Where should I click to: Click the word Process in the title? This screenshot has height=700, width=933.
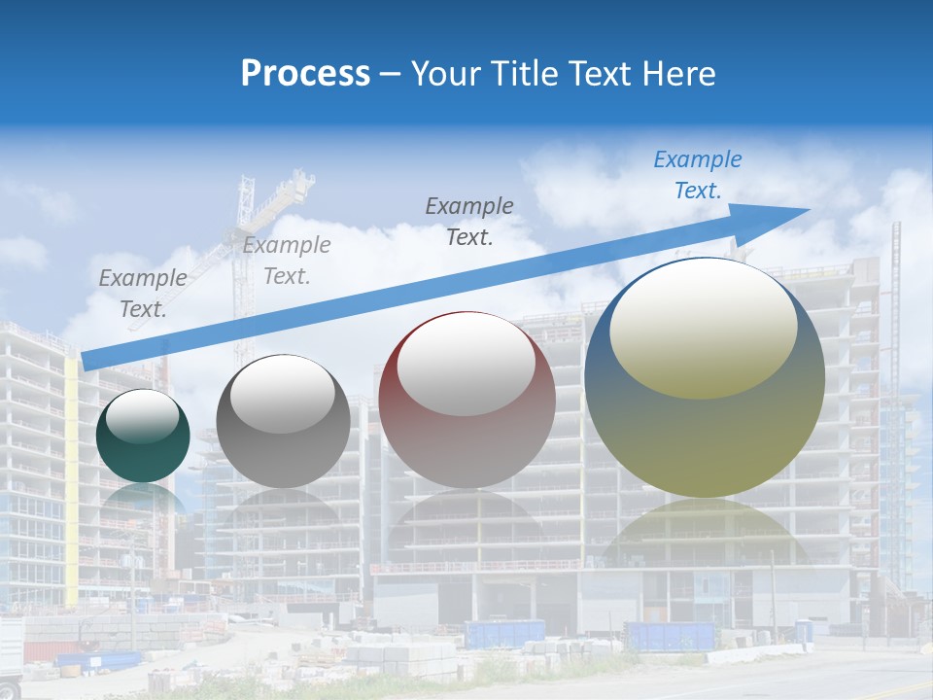305,74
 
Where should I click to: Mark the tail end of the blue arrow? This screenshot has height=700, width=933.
89,361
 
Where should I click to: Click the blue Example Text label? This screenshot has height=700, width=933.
698,175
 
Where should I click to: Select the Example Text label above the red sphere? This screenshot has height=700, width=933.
469,221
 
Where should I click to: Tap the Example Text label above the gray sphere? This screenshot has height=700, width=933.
287,261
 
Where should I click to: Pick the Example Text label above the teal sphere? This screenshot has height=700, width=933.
143,294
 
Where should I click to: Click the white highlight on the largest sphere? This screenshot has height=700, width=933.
703,326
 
